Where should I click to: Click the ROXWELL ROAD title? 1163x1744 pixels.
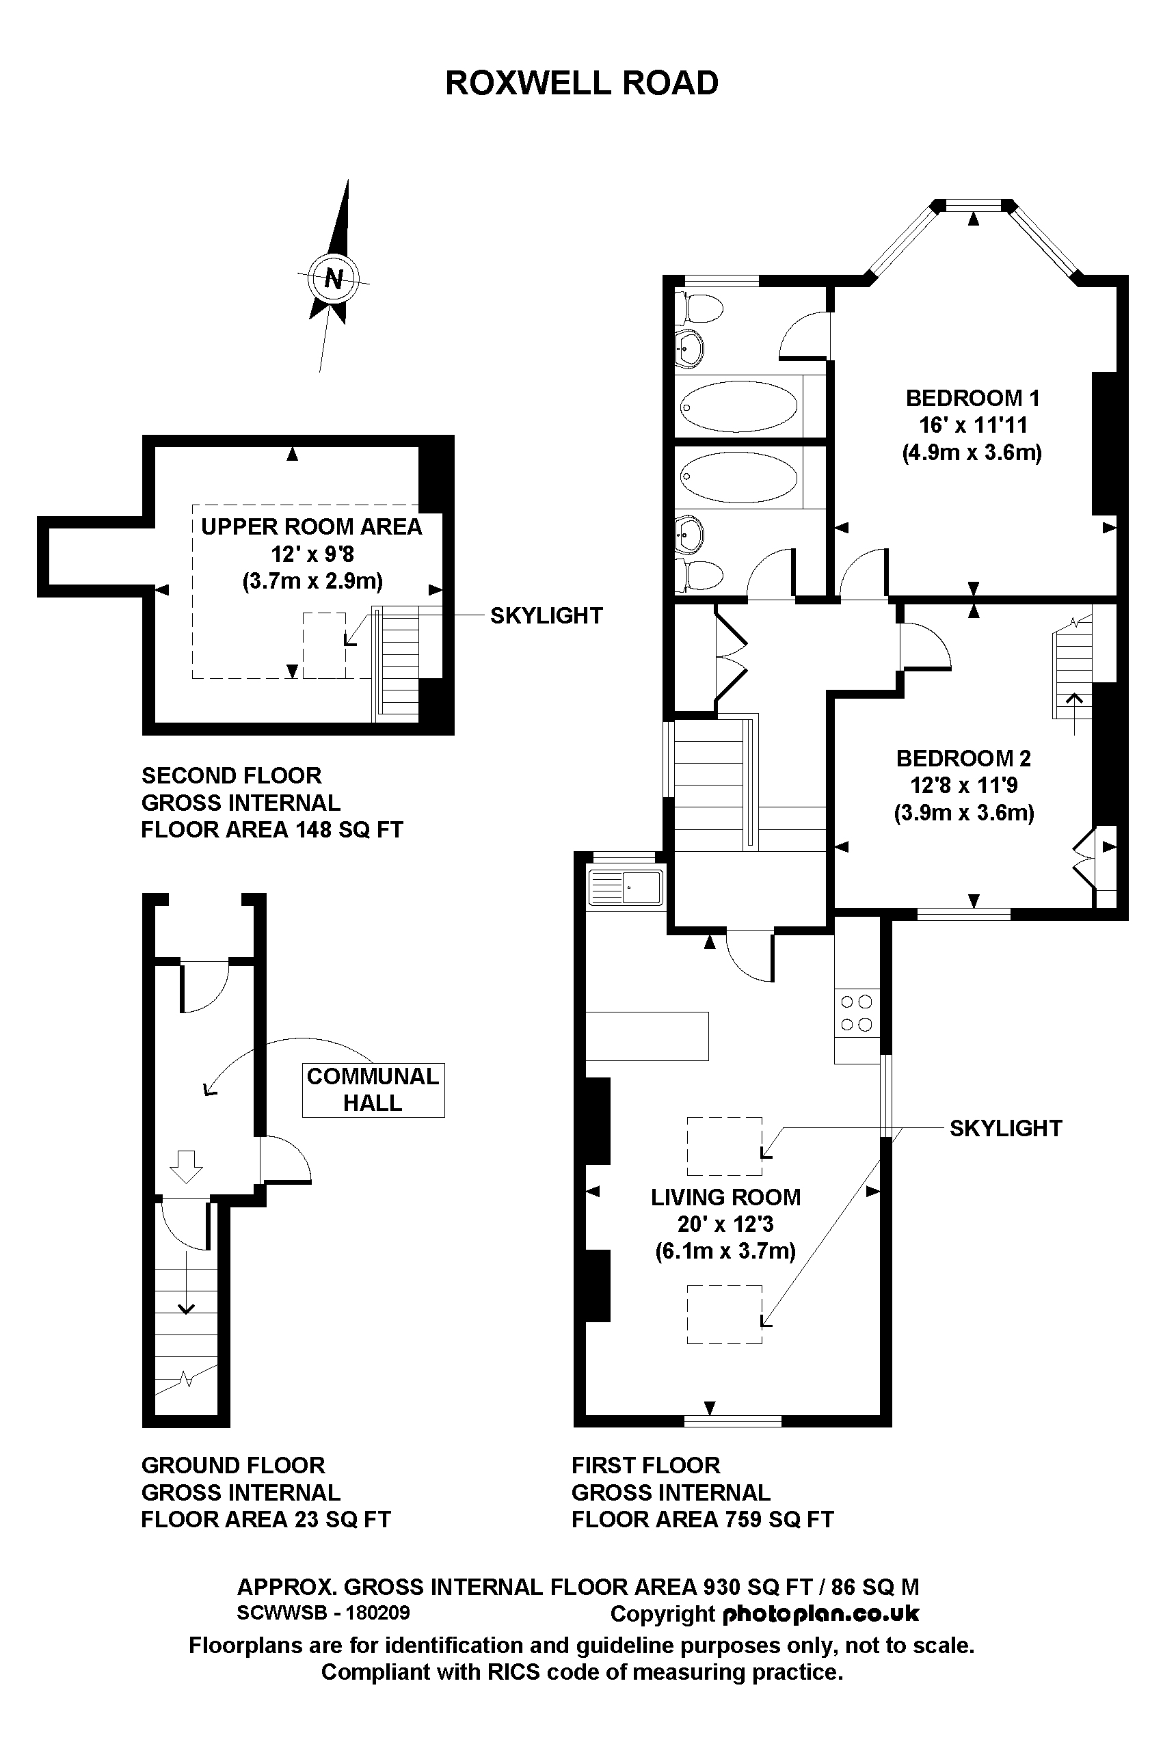[x=581, y=83]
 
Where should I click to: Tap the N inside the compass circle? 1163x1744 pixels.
[x=334, y=279]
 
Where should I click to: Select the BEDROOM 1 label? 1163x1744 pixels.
[x=972, y=398]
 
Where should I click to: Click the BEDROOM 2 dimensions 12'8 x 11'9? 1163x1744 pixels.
[x=963, y=786]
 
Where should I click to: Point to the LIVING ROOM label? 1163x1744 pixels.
[x=725, y=1197]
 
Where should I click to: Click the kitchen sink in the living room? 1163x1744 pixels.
[x=626, y=887]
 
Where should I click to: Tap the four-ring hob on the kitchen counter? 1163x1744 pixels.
[x=856, y=1014]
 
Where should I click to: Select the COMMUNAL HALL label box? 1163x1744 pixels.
[x=373, y=1089]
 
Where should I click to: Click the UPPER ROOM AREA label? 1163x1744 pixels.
[x=312, y=526]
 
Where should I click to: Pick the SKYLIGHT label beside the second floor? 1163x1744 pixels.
[x=546, y=615]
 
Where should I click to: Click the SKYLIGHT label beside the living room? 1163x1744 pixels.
[x=1005, y=1128]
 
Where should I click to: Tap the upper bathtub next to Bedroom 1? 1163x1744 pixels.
[x=738, y=406]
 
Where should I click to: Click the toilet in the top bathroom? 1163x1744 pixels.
[x=700, y=307]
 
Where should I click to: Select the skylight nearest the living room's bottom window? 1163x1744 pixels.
[x=724, y=1314]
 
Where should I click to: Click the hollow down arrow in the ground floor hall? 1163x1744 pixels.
[x=185, y=1166]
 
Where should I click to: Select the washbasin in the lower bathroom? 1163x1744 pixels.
[x=690, y=535]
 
